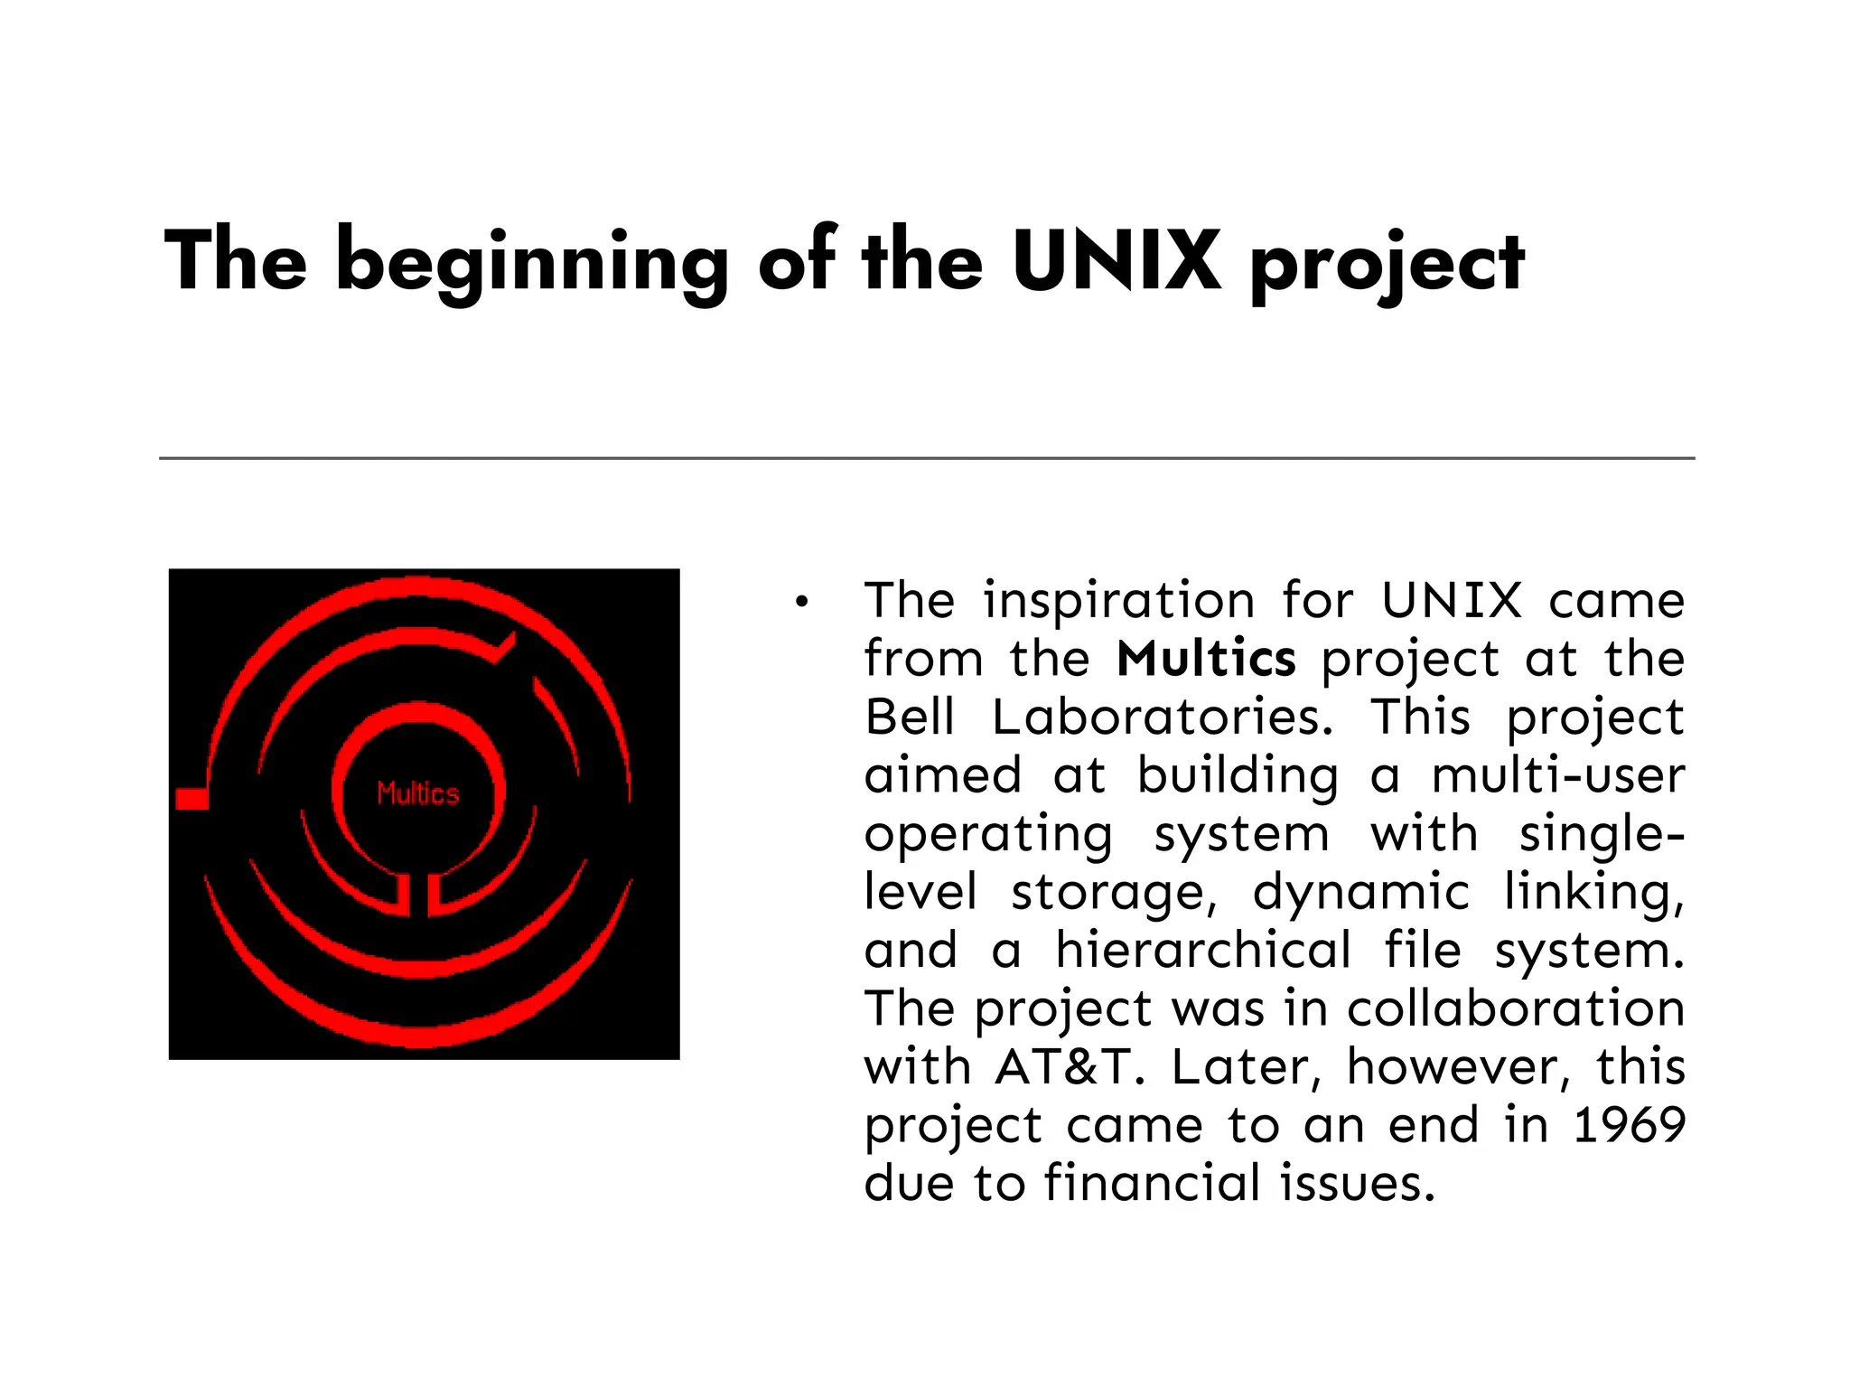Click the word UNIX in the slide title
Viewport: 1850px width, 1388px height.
click(1117, 262)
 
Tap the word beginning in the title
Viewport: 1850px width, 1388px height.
click(532, 264)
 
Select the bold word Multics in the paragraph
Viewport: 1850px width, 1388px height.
click(1206, 659)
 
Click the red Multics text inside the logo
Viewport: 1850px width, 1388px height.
click(418, 793)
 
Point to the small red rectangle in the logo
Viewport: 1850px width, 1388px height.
click(192, 799)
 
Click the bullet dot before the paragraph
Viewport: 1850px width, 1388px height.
click(800, 603)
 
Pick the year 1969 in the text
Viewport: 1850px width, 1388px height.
click(1629, 1125)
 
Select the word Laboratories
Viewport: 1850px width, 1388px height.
click(1162, 717)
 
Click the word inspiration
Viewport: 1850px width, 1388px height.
click(1119, 601)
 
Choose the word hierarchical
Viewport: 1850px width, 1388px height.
click(1203, 951)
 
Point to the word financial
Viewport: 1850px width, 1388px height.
click(1152, 1184)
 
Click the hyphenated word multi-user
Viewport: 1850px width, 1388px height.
click(1558, 775)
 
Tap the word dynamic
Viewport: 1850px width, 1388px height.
click(1361, 893)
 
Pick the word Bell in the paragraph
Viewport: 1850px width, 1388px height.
click(909, 717)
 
